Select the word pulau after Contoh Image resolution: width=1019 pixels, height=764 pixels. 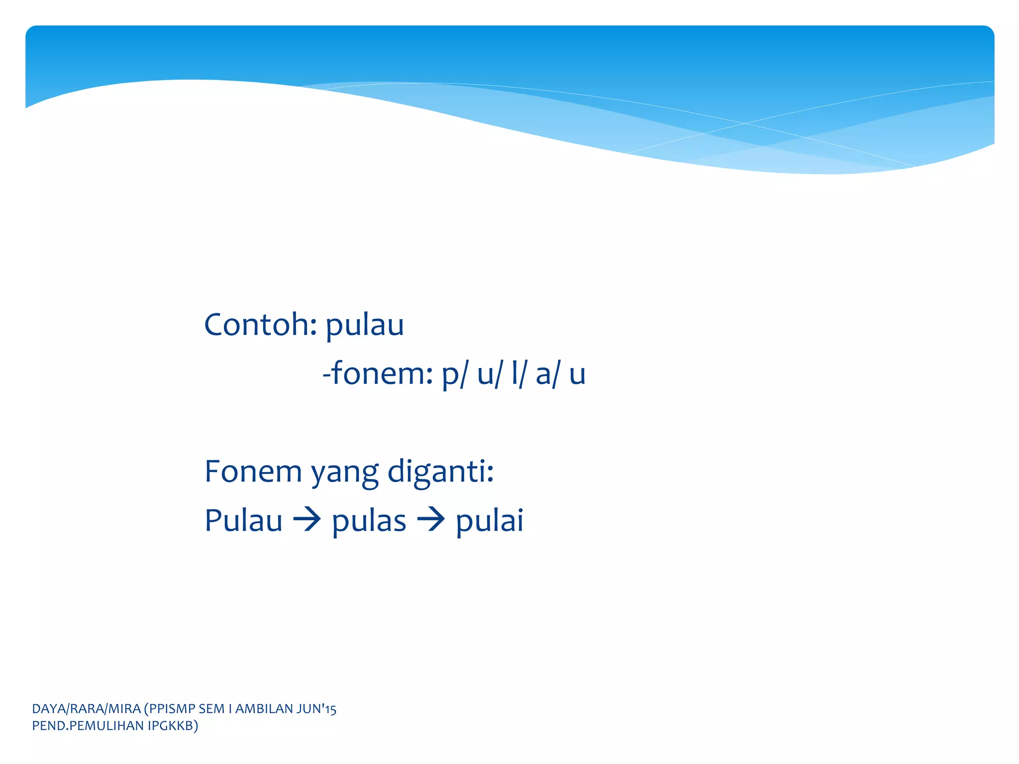[x=364, y=326]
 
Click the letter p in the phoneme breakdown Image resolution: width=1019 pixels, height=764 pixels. [x=450, y=376]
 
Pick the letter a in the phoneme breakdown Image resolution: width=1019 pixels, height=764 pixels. [x=543, y=376]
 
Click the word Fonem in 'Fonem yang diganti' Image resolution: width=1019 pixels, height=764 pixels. [x=253, y=472]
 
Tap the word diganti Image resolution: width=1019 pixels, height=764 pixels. [x=440, y=472]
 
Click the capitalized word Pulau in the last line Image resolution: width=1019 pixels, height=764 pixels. [x=243, y=521]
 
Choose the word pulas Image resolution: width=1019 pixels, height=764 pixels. [x=369, y=522]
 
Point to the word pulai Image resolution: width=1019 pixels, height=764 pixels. [x=490, y=521]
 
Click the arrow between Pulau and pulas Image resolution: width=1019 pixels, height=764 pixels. [x=307, y=520]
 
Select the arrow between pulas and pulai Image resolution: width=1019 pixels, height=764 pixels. [x=431, y=520]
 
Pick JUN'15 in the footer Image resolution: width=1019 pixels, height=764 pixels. [x=316, y=709]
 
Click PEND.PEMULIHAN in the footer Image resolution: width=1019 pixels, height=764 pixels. [x=88, y=726]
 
